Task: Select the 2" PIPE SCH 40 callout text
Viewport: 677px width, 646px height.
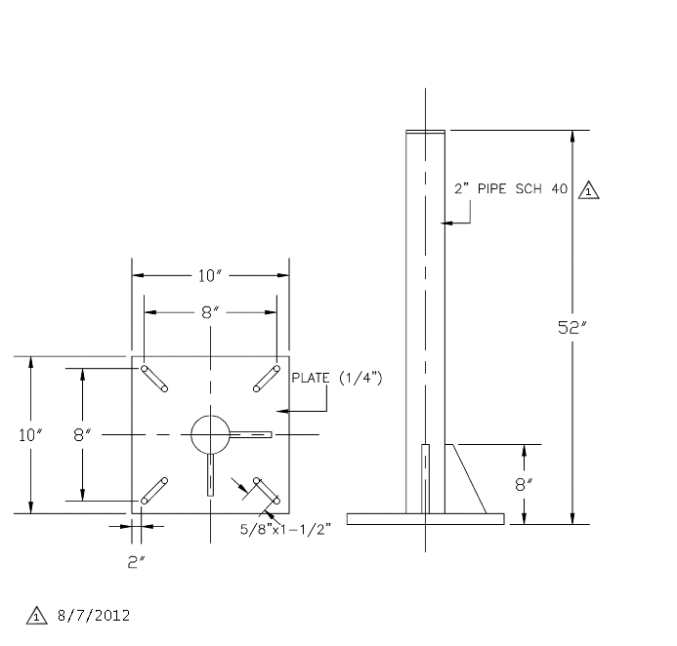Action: [511, 189]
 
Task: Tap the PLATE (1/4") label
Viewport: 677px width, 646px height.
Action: [337, 379]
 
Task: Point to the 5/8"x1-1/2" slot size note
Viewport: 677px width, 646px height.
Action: [285, 529]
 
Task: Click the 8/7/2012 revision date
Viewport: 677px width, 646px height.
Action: [94, 616]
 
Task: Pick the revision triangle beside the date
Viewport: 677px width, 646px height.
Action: [37, 616]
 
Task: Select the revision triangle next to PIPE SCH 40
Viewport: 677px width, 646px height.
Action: [588, 190]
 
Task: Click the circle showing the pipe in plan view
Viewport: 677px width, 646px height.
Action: [210, 434]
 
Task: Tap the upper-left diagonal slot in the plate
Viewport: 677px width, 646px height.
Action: [154, 379]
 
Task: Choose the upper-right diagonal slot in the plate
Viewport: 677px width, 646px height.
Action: [267, 379]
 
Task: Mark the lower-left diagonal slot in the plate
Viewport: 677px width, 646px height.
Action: [154, 491]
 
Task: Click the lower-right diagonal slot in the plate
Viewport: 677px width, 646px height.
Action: [267, 491]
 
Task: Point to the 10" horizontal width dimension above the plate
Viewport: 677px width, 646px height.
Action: [210, 275]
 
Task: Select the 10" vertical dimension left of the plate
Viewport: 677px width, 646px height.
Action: [30, 435]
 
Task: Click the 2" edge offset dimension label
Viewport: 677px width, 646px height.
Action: [136, 562]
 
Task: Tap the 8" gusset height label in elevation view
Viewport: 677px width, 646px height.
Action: [524, 485]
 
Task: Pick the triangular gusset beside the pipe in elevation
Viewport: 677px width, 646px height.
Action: [465, 479]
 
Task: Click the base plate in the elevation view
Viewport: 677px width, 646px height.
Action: [425, 519]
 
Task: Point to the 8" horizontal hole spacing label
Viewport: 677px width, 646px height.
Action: [210, 312]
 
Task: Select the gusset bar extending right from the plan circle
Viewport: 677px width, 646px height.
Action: [250, 434]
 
